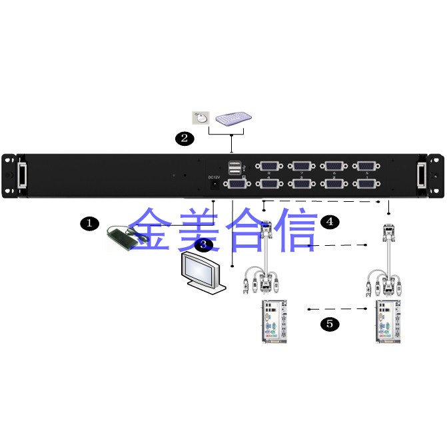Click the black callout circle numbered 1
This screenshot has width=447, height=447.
89,223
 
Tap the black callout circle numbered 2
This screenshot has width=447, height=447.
185,139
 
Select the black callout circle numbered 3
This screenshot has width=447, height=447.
205,244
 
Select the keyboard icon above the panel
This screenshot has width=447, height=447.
233,118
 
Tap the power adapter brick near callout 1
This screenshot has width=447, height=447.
121,237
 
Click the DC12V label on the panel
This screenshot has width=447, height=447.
214,177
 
